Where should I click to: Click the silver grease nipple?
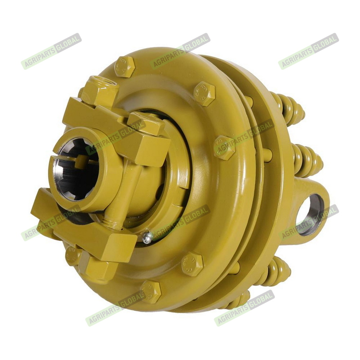(x=148, y=238)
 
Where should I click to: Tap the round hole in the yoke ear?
(x=310, y=215)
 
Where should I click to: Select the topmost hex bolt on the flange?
(x=125, y=66)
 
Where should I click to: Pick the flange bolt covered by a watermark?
(x=225, y=148)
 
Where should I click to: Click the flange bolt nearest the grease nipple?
(x=192, y=264)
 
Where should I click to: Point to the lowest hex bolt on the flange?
(x=151, y=292)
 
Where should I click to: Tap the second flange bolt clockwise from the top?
(x=204, y=94)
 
